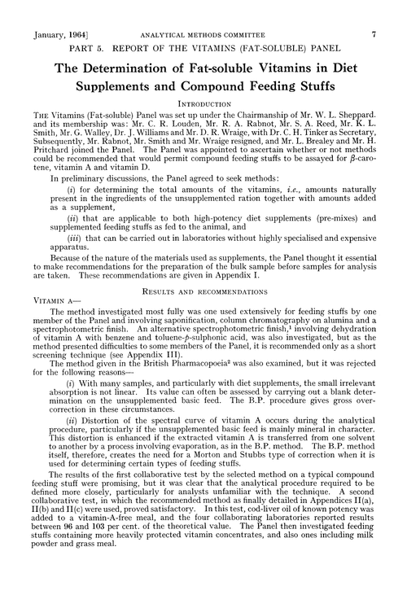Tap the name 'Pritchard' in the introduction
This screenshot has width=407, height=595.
tap(54, 158)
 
